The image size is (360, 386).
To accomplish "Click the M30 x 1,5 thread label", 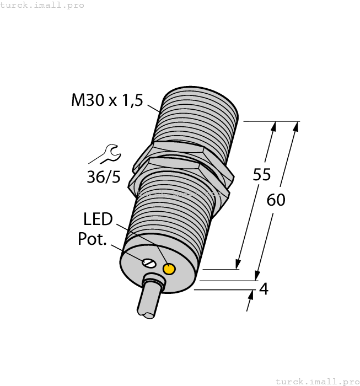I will [x=107, y=100].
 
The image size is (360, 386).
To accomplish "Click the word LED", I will [x=98, y=219].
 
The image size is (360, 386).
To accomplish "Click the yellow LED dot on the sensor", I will [x=169, y=269].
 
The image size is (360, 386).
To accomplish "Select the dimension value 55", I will [x=261, y=175].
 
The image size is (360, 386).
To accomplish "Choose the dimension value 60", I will [x=276, y=200].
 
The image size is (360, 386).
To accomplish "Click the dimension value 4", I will [x=264, y=288].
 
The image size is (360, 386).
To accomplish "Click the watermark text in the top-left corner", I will [x=42, y=5].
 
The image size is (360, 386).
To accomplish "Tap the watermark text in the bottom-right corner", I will [x=317, y=381].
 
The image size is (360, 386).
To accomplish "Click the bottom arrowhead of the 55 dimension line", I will [x=238, y=264].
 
